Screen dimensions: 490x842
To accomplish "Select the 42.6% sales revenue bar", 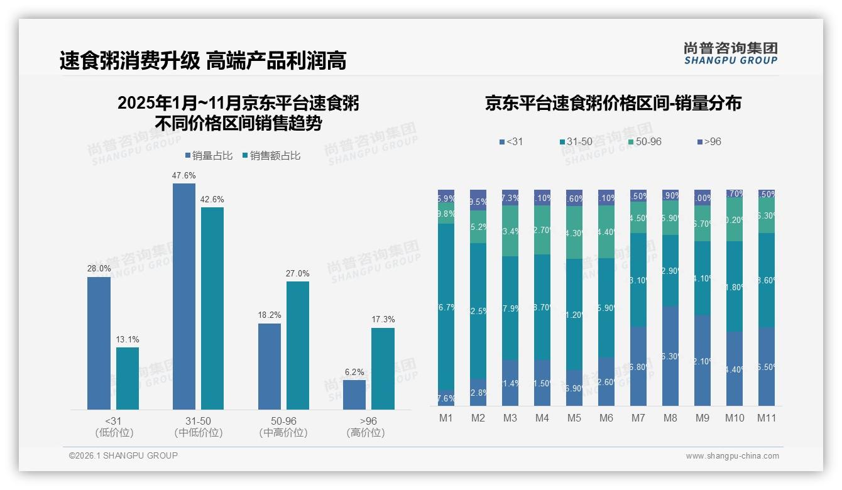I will [212, 308].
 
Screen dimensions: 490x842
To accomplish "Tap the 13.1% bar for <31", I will [128, 378].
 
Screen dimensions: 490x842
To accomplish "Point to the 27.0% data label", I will [298, 274].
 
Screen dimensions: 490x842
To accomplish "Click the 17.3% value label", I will [383, 320].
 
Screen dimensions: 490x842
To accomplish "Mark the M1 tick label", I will [446, 418].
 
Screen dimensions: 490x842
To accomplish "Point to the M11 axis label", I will [766, 418].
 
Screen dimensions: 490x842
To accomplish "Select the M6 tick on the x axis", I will [606, 418].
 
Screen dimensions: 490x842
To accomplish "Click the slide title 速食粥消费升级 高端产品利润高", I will [203, 61].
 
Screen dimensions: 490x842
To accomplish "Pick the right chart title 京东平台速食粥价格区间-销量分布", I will [613, 103].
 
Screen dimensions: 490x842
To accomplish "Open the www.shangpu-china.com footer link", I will [732, 456].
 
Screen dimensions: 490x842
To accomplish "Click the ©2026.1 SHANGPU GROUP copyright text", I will [123, 455].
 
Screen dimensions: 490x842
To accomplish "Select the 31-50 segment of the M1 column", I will [446, 307].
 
